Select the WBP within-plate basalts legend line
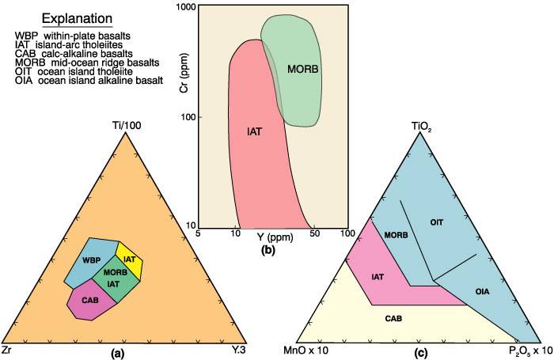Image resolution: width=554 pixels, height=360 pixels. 73,36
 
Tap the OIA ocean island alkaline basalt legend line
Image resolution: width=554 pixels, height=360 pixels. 87,80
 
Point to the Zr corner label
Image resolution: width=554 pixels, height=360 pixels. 7,349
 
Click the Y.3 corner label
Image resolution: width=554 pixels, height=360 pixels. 239,349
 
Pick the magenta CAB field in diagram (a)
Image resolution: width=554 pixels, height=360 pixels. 89,301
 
